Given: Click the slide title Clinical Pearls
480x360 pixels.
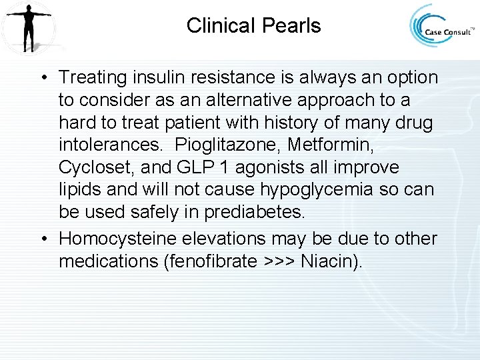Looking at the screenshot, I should click(x=253, y=26).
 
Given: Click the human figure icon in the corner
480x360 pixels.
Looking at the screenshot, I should click(x=28, y=28).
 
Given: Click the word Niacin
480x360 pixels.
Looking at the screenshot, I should click(x=327, y=261).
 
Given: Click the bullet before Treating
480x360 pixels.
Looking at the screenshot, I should click(x=42, y=78).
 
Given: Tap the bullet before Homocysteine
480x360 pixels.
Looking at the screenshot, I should click(x=42, y=239).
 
